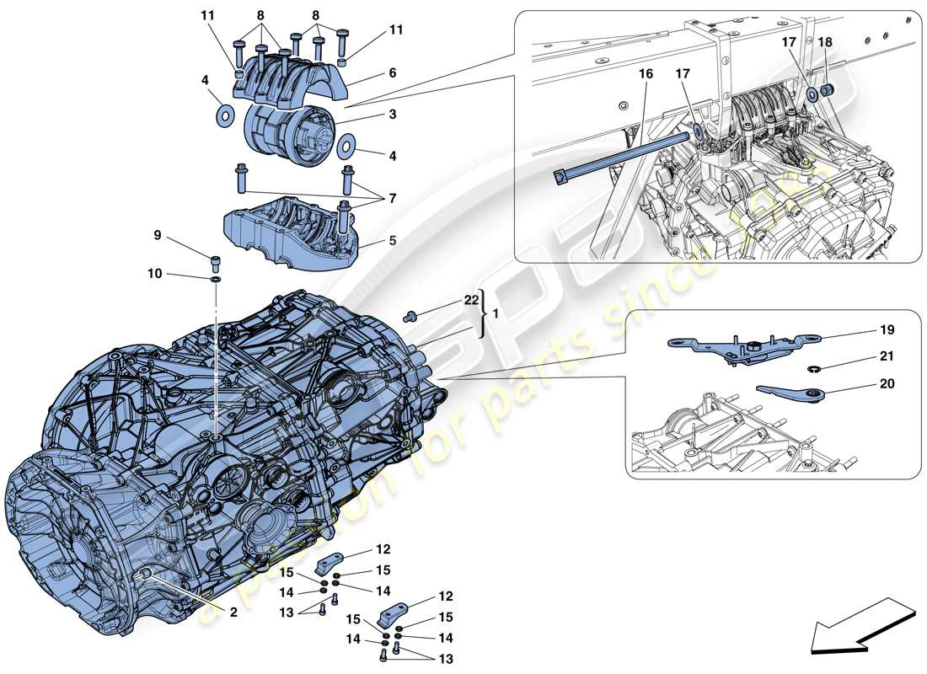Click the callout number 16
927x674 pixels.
(646, 74)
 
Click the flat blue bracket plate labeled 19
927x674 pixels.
(733, 346)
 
